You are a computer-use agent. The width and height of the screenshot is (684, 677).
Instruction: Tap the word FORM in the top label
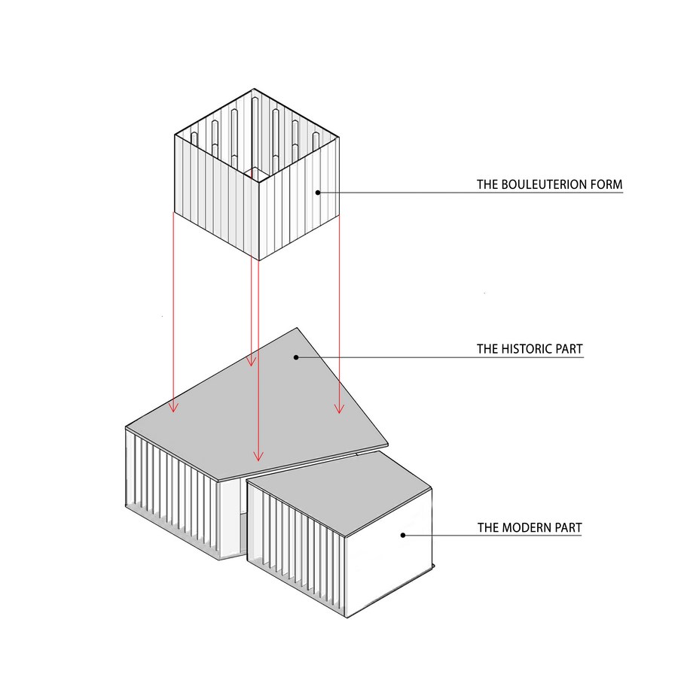(x=606, y=184)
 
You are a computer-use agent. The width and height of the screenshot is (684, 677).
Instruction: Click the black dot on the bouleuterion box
(x=318, y=192)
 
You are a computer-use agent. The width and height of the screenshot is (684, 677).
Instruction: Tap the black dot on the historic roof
(x=296, y=357)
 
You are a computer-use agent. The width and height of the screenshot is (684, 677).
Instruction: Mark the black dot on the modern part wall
(x=403, y=535)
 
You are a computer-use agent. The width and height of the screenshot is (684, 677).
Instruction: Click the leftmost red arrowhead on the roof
(x=173, y=407)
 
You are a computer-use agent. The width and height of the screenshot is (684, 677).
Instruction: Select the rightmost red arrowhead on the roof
(x=340, y=408)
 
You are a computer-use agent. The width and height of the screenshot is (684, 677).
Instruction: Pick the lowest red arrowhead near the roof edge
(x=258, y=456)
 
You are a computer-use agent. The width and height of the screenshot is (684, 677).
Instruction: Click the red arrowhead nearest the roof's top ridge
(x=251, y=361)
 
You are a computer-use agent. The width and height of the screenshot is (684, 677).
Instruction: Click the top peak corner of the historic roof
(x=297, y=328)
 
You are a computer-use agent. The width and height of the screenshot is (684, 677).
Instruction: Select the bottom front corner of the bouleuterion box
(x=259, y=260)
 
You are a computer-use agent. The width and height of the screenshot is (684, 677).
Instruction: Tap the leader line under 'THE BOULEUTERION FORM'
(x=470, y=193)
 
